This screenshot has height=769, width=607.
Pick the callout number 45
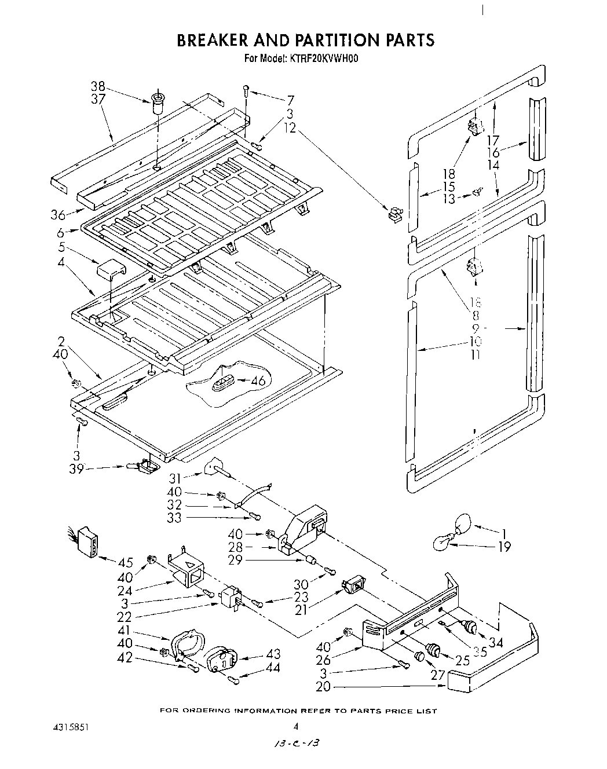(x=126, y=562)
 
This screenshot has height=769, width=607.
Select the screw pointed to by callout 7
(x=247, y=90)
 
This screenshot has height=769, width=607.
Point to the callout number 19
(x=504, y=546)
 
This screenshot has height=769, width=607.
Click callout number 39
(x=76, y=468)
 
